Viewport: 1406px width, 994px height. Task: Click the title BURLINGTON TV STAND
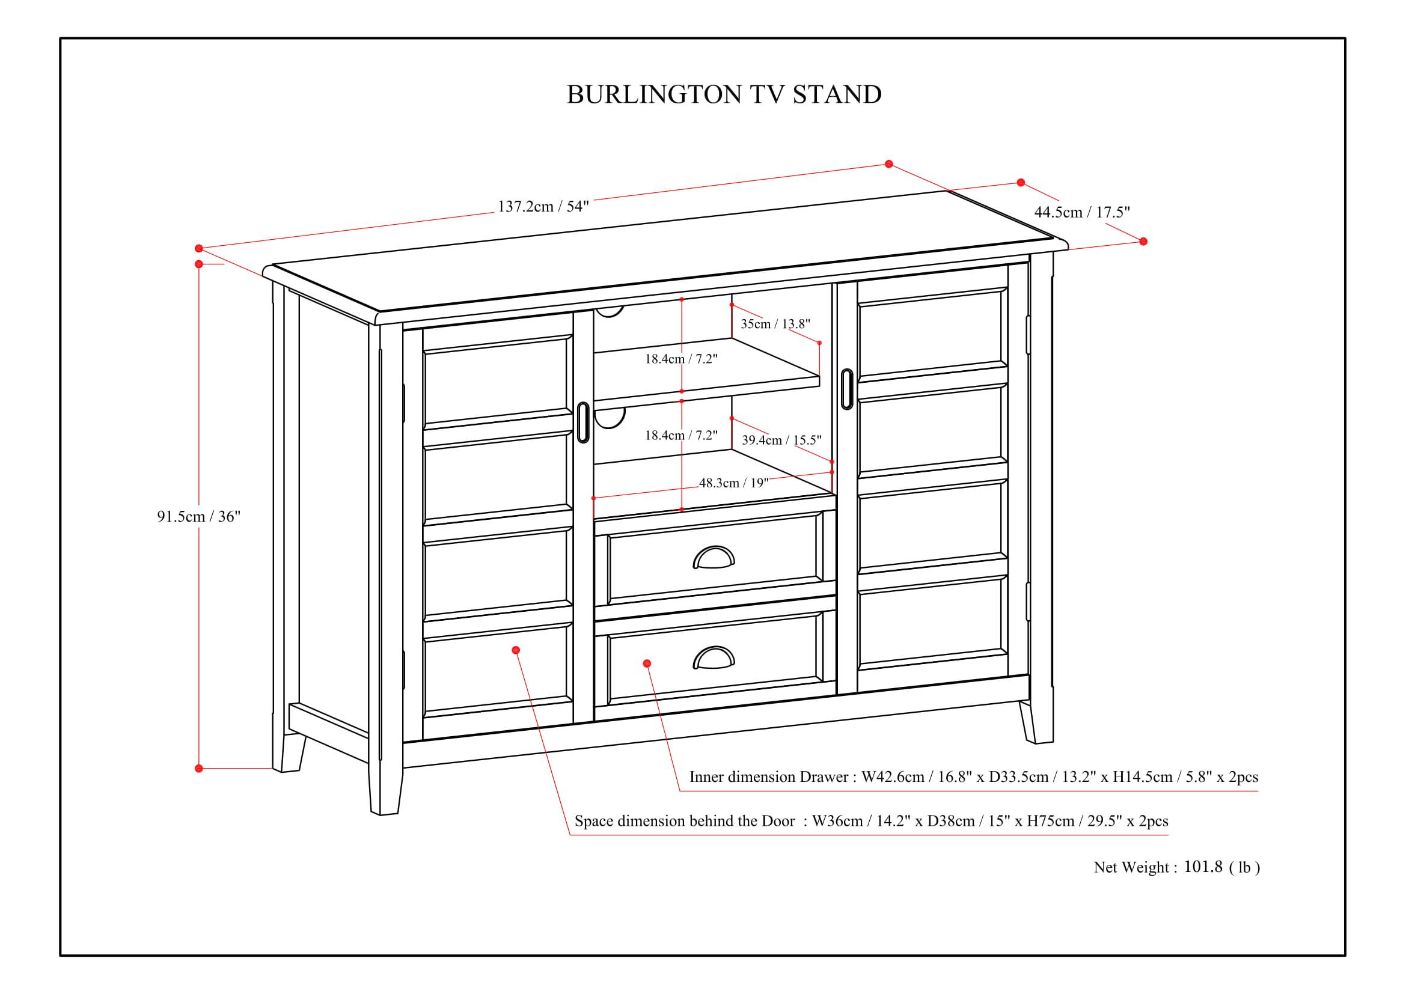[724, 95]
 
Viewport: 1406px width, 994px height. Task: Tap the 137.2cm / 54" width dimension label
[543, 206]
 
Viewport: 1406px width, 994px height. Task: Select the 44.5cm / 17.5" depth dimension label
[1082, 212]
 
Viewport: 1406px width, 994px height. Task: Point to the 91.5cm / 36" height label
[198, 517]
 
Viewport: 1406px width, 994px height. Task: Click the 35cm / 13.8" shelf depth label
[775, 324]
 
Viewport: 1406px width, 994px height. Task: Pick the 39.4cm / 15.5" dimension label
[781, 440]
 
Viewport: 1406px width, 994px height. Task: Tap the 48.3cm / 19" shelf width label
[733, 483]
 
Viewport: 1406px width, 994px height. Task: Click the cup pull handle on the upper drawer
[714, 558]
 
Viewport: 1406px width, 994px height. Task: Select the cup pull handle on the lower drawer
[714, 658]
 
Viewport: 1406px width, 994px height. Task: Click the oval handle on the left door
[582, 422]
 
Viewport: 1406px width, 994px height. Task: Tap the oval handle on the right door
[846, 389]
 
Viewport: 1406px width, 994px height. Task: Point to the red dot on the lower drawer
[647, 663]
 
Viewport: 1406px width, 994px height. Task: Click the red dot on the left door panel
[516, 650]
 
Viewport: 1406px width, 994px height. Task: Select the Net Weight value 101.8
[1203, 867]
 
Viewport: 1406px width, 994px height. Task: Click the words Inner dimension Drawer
[769, 776]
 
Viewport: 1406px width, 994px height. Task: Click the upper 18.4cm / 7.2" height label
[681, 359]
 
